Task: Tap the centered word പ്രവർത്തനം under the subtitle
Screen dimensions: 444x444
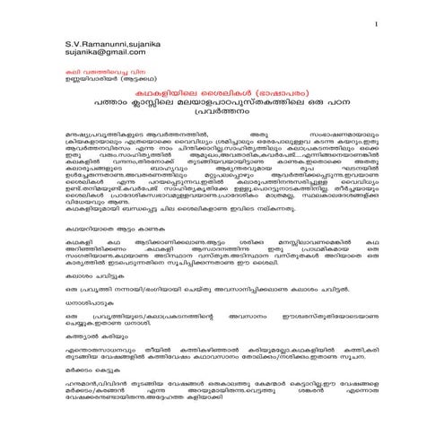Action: coord(222,126)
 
